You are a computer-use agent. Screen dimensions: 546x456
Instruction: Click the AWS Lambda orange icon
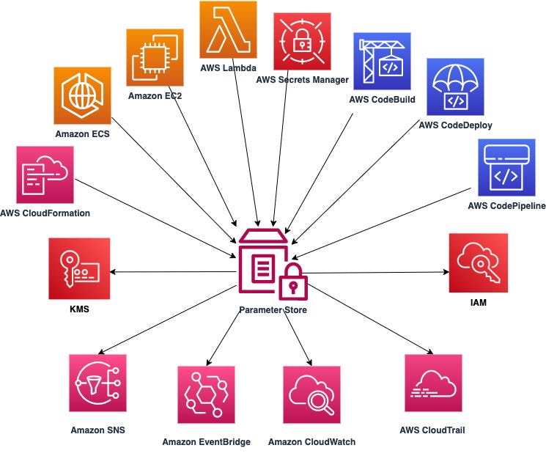(x=228, y=29)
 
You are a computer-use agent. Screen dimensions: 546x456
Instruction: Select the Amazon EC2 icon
(x=155, y=57)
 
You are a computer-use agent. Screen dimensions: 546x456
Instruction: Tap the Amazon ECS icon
(x=83, y=96)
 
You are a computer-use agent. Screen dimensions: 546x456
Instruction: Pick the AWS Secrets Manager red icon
(x=302, y=42)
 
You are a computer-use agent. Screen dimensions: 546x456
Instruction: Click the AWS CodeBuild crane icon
(x=382, y=62)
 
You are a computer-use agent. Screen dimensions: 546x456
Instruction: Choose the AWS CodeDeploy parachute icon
(x=455, y=87)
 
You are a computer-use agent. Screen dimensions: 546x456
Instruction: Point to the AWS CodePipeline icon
(x=506, y=168)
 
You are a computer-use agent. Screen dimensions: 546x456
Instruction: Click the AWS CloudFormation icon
(x=45, y=174)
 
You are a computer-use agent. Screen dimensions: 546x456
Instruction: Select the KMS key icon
(x=79, y=268)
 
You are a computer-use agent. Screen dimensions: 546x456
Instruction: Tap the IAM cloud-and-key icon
(x=479, y=263)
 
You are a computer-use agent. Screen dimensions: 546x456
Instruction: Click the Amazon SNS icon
(x=98, y=383)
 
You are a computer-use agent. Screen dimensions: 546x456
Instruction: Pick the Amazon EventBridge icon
(x=206, y=394)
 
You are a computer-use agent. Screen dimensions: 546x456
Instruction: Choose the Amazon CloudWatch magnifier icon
(x=311, y=394)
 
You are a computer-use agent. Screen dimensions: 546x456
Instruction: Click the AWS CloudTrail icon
(x=434, y=383)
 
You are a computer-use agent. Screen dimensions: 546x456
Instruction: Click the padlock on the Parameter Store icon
(x=293, y=282)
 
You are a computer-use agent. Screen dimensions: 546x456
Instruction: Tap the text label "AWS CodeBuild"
(x=382, y=100)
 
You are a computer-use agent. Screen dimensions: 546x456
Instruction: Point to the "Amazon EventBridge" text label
(x=207, y=442)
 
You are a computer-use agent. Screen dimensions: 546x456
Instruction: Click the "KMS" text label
(x=79, y=309)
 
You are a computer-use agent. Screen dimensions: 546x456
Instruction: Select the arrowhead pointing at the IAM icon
(x=446, y=272)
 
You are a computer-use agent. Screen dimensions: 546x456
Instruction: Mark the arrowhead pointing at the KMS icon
(x=113, y=272)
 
